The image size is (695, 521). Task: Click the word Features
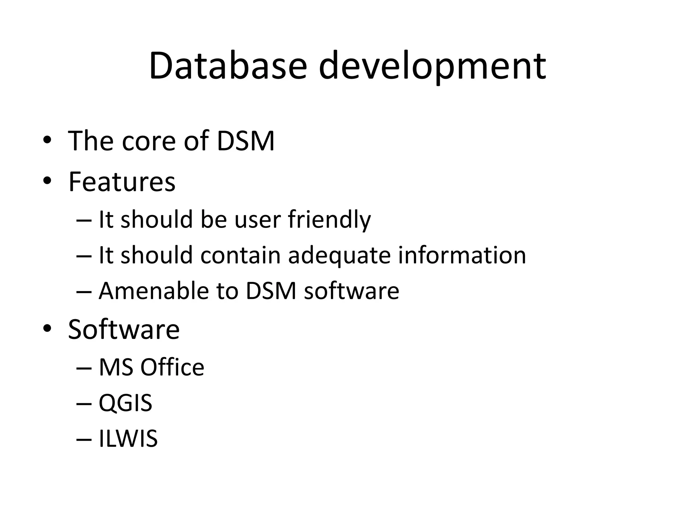pyautogui.click(x=122, y=182)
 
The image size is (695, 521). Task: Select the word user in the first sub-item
pyautogui.click(x=258, y=220)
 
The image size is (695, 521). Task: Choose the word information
pyautogui.click(x=462, y=255)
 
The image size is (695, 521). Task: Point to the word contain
pyautogui.click(x=240, y=255)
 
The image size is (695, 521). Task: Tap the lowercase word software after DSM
pyautogui.click(x=351, y=291)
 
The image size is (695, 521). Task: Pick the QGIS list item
pyautogui.click(x=125, y=403)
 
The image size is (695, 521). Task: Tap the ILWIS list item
pyautogui.click(x=128, y=439)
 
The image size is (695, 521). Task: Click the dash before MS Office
pyautogui.click(x=84, y=368)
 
